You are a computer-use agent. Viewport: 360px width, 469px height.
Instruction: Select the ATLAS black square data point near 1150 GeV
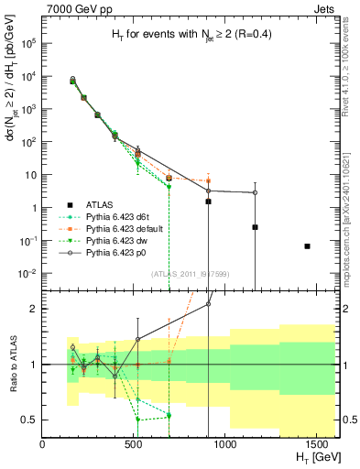[x=255, y=227]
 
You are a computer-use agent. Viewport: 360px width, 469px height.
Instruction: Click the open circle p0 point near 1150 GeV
[x=255, y=192]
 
